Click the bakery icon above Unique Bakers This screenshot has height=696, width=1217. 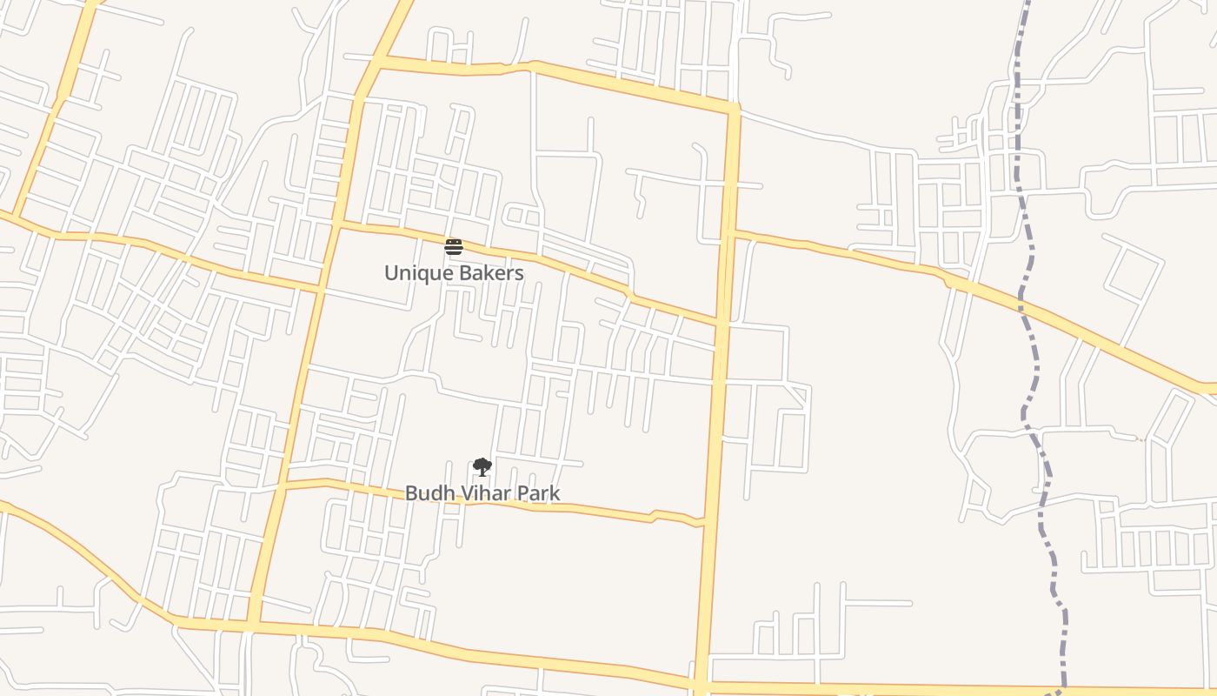click(454, 246)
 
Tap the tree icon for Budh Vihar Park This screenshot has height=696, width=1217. click(482, 467)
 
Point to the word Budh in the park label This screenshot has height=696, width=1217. click(425, 493)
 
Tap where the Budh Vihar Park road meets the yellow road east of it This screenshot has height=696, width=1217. click(704, 525)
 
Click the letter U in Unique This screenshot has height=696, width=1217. click(390, 273)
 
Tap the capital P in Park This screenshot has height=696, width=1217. click(522, 493)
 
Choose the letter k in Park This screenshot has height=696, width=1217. click(555, 493)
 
